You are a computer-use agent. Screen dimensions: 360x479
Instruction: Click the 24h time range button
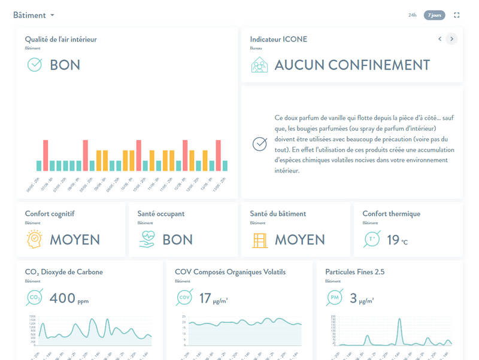[x=413, y=15]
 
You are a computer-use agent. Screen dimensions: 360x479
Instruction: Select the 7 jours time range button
[x=434, y=15]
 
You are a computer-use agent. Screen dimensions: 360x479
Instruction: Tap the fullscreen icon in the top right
[x=457, y=15]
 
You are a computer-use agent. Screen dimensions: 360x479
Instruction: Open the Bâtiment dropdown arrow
[x=53, y=15]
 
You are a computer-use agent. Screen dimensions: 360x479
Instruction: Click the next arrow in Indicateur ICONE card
[x=451, y=39]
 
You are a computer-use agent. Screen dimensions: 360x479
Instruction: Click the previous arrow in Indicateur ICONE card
[x=439, y=39]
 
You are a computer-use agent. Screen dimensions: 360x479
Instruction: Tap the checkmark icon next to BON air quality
[x=35, y=65]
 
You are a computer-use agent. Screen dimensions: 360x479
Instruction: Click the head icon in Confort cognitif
[x=35, y=239]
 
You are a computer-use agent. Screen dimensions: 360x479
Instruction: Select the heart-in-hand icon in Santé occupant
[x=147, y=240]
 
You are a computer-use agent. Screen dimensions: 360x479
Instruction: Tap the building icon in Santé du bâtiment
[x=260, y=240]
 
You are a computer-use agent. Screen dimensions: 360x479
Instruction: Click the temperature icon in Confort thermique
[x=372, y=240]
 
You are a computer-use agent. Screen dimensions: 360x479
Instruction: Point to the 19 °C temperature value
[x=397, y=240]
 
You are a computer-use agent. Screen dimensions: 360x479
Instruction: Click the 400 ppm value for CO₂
[x=69, y=298]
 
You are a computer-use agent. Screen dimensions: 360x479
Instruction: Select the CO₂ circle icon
[x=35, y=298]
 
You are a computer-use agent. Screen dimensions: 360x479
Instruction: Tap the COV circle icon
[x=184, y=298]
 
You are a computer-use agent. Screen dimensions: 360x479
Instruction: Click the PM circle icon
[x=335, y=298]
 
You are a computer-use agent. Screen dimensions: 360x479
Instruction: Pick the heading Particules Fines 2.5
[x=354, y=272]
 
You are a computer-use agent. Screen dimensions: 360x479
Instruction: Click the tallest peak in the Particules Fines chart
[x=399, y=320]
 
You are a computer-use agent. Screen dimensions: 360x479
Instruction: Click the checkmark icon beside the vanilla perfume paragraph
[x=259, y=144]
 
